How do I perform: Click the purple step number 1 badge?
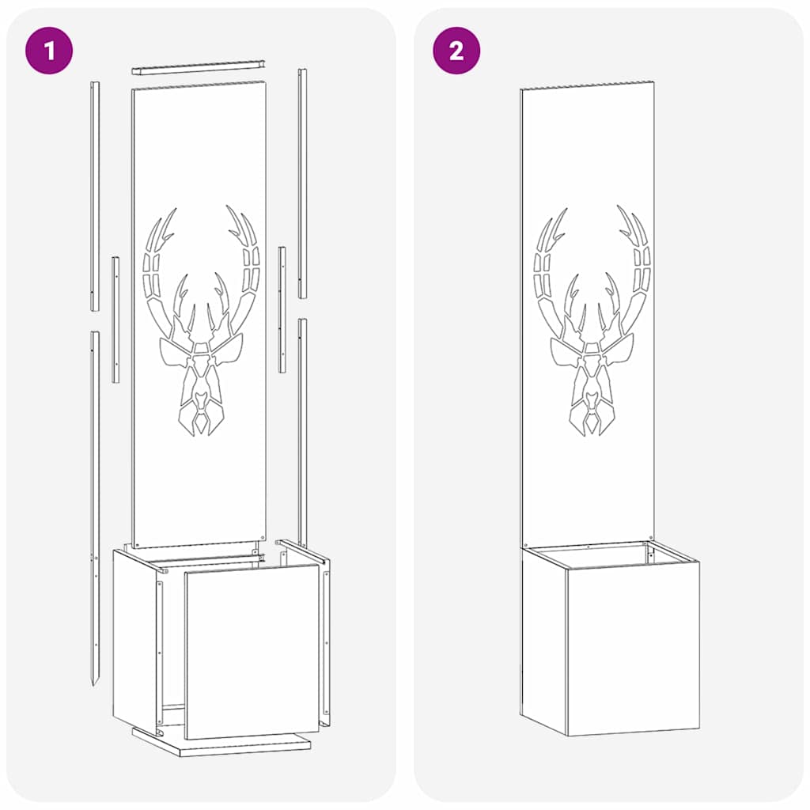coord(49,51)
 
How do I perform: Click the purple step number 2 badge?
coord(456,51)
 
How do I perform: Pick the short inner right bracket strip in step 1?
coord(282,308)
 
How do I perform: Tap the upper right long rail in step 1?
coord(302,182)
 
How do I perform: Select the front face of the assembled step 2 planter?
coord(633,649)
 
